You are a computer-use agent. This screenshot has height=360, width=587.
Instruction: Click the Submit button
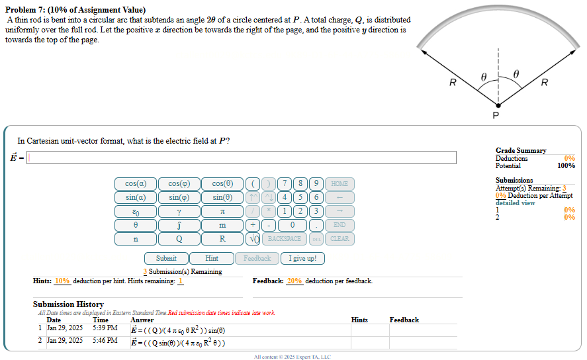click(166, 259)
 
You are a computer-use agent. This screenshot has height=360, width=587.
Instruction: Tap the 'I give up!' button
click(302, 259)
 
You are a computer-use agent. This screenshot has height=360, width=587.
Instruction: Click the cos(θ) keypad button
click(222, 183)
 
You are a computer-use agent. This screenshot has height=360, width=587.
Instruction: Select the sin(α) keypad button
click(135, 197)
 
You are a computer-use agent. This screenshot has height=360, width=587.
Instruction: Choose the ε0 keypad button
click(135, 211)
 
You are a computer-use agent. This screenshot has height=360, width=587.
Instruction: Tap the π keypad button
click(222, 211)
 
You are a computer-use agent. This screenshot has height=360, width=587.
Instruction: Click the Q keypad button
click(179, 238)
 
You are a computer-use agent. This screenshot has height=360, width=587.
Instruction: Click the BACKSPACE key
click(284, 238)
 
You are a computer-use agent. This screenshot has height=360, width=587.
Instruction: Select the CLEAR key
click(339, 238)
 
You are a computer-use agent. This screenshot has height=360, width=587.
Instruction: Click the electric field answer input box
click(242, 157)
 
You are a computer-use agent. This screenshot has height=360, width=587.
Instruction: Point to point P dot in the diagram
click(498, 105)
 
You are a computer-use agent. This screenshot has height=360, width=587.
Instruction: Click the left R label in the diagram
click(453, 83)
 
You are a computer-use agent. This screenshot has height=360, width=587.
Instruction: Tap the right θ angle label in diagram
click(516, 74)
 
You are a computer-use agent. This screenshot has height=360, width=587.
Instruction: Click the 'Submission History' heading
click(68, 304)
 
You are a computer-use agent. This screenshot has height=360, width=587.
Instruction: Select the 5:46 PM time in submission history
click(105, 340)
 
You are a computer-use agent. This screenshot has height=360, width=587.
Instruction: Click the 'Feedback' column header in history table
click(404, 320)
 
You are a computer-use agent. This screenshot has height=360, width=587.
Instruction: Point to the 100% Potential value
click(566, 166)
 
